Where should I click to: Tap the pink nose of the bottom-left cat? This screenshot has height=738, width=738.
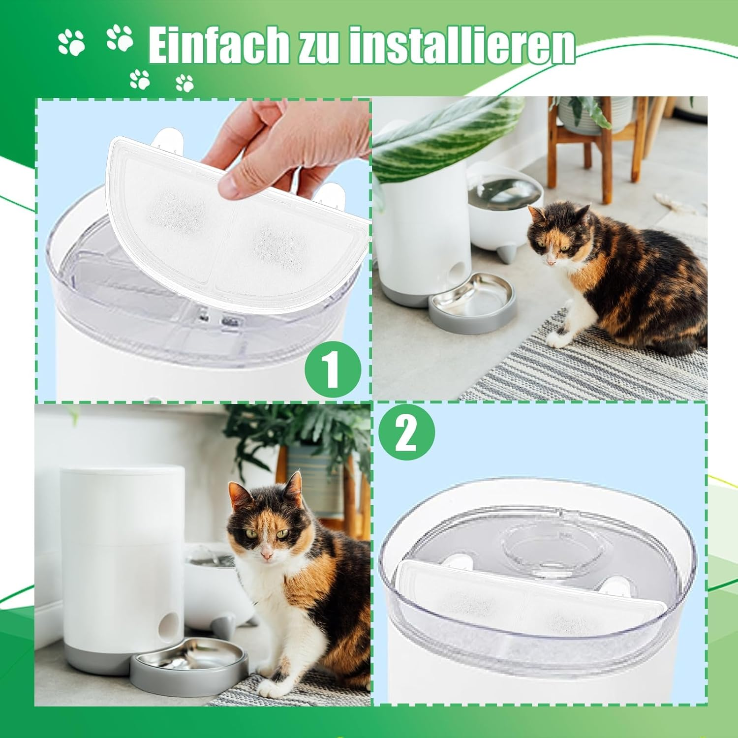pos(266,555)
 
